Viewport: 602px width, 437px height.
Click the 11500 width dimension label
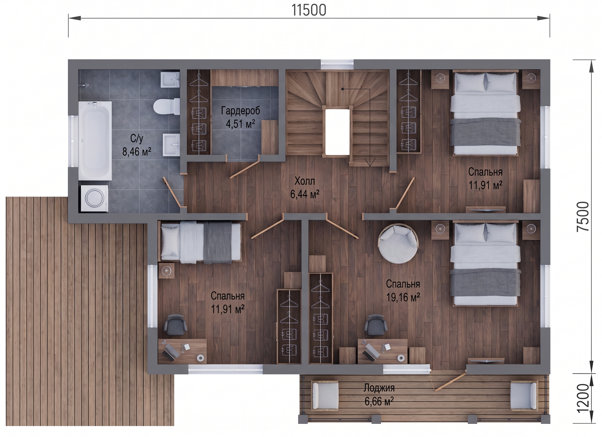point(309,10)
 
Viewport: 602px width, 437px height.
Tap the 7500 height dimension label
point(583,216)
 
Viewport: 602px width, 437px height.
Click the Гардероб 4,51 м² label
point(241,117)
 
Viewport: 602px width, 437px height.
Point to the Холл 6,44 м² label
point(305,188)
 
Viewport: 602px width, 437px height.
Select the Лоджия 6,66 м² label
point(379,395)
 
